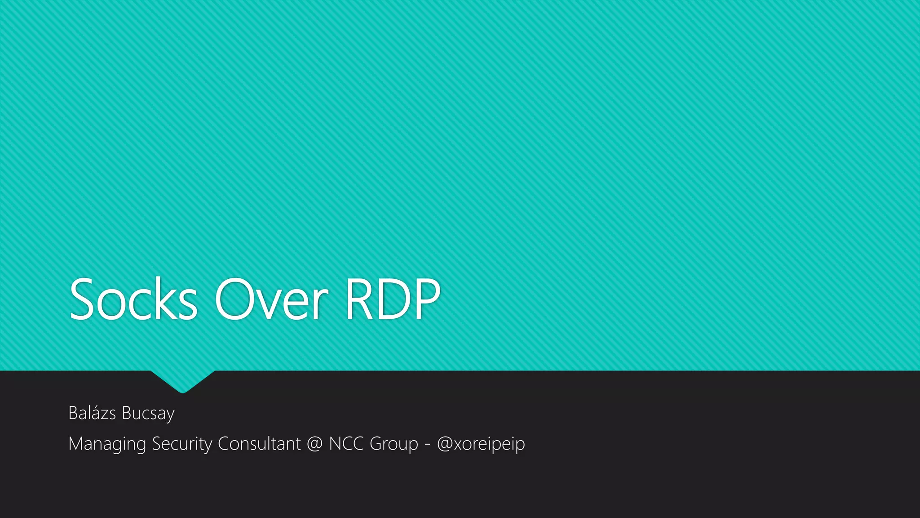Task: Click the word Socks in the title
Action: pos(133,299)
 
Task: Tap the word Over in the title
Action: pos(271,299)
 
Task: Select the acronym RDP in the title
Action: pos(392,299)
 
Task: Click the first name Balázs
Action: pos(92,413)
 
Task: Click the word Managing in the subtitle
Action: pos(107,444)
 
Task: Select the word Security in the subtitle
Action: pos(182,444)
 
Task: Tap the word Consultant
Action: pos(259,443)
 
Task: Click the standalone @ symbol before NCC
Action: pos(315,444)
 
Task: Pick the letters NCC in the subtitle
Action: pos(346,443)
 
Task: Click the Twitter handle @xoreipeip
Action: pos(481,444)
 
